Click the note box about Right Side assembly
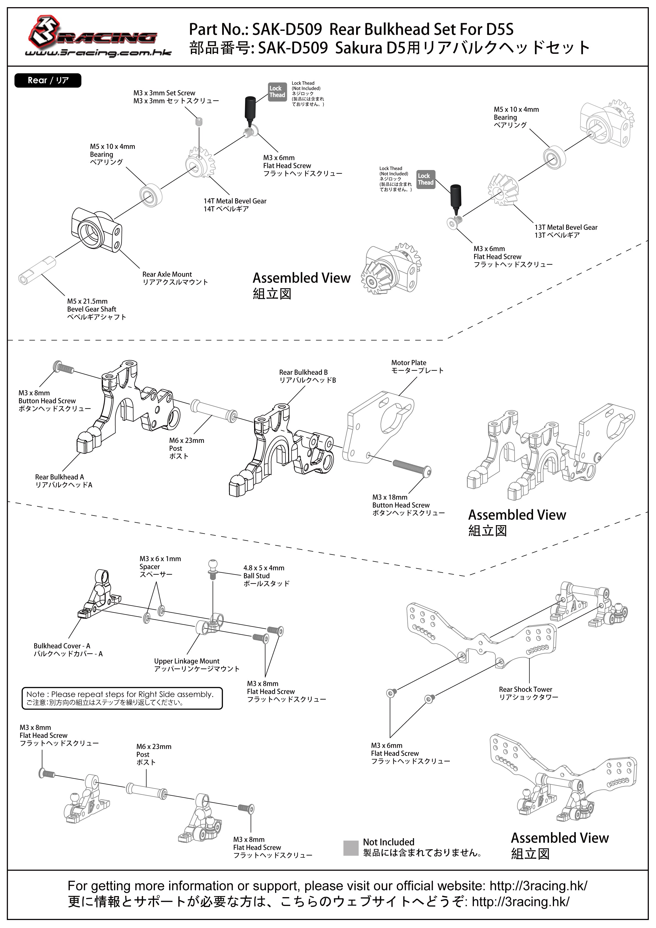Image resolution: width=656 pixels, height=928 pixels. tap(122, 698)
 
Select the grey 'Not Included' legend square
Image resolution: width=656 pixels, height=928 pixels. tap(351, 848)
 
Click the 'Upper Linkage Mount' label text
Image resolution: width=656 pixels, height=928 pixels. tap(187, 661)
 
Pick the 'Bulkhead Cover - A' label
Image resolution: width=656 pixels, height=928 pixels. tap(62, 646)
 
